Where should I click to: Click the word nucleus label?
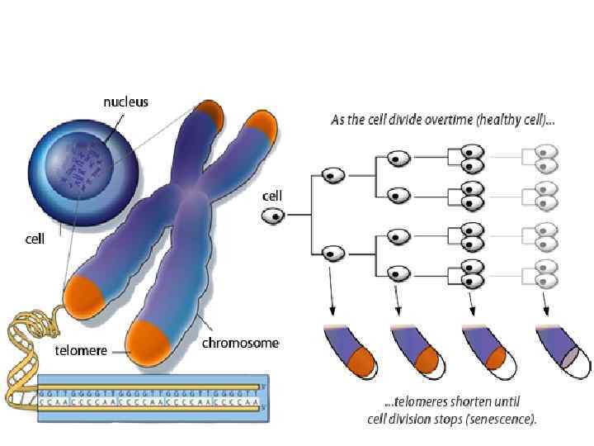[x=125, y=102]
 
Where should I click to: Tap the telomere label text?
[x=81, y=350]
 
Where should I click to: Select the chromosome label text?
[x=240, y=343]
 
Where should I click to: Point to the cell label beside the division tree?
[x=272, y=197]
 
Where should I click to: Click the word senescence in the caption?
[x=504, y=419]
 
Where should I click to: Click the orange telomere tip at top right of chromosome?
[x=262, y=125]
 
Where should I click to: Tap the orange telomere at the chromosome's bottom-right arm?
[x=147, y=341]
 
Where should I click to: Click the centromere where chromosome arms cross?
[x=191, y=193]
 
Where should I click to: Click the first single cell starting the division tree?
[x=274, y=216]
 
